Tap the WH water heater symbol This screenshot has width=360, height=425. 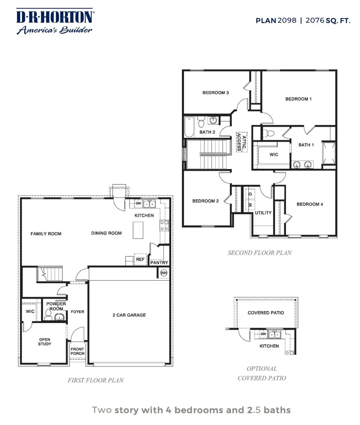164,273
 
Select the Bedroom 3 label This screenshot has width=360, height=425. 215,93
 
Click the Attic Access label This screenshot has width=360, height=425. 241,142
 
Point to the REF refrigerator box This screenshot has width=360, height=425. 140,259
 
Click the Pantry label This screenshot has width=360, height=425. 159,263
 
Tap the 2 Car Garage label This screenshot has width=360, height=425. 129,315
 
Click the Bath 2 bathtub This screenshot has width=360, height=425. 188,127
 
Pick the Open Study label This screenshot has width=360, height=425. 45,342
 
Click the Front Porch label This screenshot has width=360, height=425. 78,351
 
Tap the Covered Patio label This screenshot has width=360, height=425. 266,313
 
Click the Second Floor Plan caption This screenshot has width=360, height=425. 260,253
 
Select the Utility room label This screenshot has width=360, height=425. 263,213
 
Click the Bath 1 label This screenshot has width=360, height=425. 306,145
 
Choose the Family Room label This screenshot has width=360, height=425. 46,233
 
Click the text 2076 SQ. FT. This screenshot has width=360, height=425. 328,20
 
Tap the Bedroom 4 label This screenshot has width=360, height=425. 310,204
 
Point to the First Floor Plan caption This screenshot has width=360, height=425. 96,380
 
